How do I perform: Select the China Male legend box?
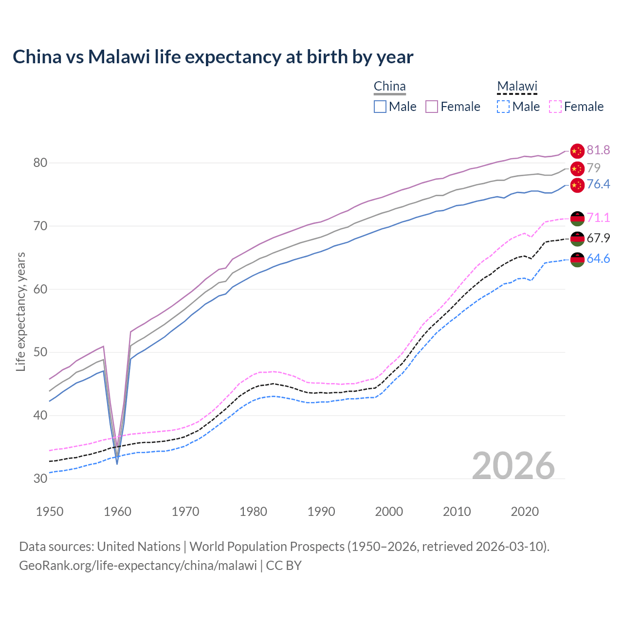[380, 107]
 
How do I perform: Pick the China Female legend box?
[432, 107]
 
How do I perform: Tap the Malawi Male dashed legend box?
[503, 107]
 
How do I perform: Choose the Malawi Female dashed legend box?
[555, 107]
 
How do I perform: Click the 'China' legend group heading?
[389, 87]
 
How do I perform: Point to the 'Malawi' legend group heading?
[517, 87]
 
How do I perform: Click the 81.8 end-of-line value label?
[598, 150]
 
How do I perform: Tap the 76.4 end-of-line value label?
[598, 184]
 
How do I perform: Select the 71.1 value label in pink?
[598, 218]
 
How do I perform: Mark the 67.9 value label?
[598, 238]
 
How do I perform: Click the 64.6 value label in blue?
[598, 259]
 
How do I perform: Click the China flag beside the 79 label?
[577, 168]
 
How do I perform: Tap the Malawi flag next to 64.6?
[577, 259]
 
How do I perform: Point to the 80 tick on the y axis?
[40, 163]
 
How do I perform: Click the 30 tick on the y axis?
[40, 478]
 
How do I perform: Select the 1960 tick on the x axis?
[118, 512]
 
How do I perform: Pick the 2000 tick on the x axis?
[389, 512]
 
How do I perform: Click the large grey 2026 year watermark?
[513, 466]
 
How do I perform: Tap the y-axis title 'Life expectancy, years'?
[20, 311]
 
